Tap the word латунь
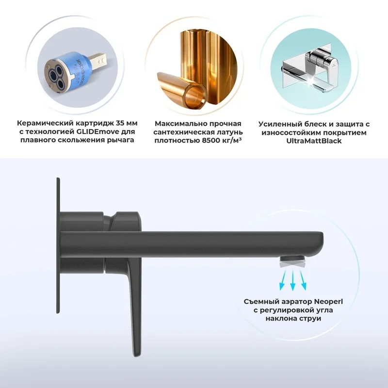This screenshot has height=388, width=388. point(229,132)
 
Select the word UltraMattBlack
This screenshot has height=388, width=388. point(314,141)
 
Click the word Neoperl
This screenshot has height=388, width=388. point(329,302)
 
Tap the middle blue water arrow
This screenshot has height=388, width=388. point(293,280)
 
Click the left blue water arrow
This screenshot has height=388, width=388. point(283,280)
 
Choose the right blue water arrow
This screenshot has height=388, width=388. point(304,280)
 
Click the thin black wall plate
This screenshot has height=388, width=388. point(58,245)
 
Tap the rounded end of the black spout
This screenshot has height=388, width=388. point(321,244)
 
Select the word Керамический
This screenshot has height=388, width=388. point(45,123)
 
